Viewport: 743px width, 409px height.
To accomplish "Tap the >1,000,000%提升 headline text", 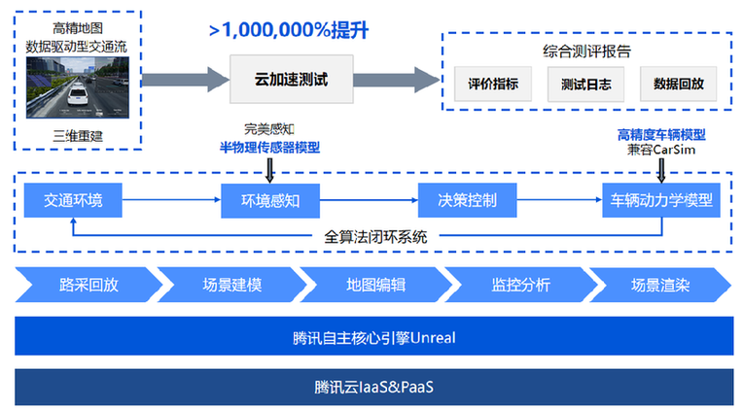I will pyautogui.click(x=288, y=29).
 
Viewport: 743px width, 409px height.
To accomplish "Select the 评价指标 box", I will pyautogui.click(x=493, y=85).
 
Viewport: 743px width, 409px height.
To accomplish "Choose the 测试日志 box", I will pyautogui.click(x=585, y=85).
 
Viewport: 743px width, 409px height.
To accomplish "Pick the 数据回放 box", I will pyautogui.click(x=678, y=85).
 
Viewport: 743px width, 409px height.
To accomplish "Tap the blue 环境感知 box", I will pyautogui.click(x=269, y=201).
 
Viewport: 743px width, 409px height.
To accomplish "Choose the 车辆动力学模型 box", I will pyautogui.click(x=661, y=201).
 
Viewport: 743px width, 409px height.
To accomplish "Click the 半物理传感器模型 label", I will pyautogui.click(x=269, y=148).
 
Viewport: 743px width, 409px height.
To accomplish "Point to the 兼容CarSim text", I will pyautogui.click(x=661, y=150).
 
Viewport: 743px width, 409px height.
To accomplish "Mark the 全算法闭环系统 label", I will pyautogui.click(x=375, y=236).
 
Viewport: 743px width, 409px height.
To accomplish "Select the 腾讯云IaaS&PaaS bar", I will pyautogui.click(x=373, y=386).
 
